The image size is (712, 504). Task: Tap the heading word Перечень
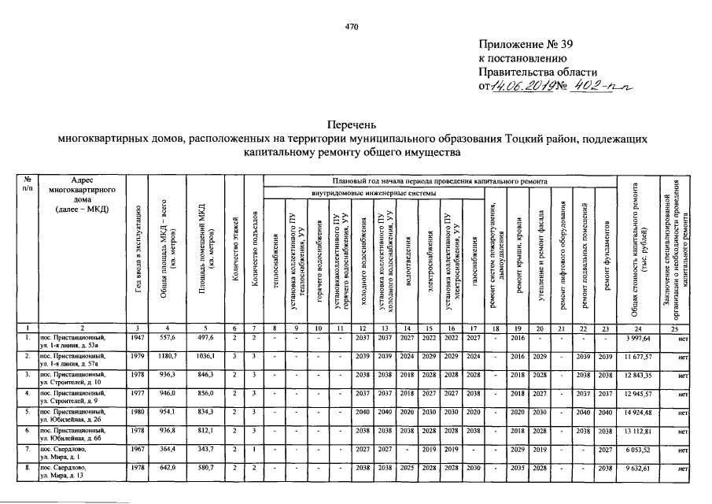point(352,124)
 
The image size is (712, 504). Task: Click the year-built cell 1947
point(138,338)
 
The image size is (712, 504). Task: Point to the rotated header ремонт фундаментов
point(607,260)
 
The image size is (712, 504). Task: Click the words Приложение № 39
point(523,43)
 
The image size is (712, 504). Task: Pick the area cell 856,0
point(204,395)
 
